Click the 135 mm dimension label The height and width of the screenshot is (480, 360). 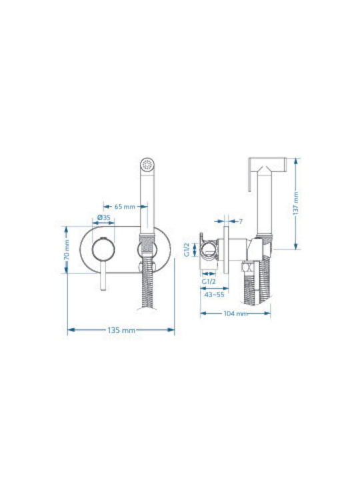pos(121,330)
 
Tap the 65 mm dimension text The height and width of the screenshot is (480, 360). pos(125,207)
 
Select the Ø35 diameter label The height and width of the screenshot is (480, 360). pos(103,217)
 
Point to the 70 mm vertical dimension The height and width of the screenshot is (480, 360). pos(67,250)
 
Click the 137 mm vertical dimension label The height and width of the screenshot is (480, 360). pos(296,203)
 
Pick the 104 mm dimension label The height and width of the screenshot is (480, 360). pos(235,313)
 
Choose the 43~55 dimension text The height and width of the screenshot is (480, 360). pos(214,295)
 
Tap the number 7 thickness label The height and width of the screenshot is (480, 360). pos(241,221)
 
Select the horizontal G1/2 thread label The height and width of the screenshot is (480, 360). pos(209,281)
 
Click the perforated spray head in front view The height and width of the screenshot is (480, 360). pos(148,165)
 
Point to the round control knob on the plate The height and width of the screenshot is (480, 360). pos(103,249)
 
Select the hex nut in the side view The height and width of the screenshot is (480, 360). pos(247,267)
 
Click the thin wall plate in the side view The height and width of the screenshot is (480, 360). pos(226,250)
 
